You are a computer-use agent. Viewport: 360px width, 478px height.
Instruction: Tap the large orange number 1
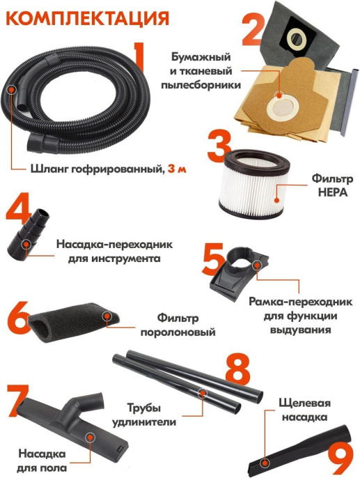[x=141, y=63]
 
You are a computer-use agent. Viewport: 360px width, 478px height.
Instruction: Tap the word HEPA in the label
[x=330, y=190]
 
